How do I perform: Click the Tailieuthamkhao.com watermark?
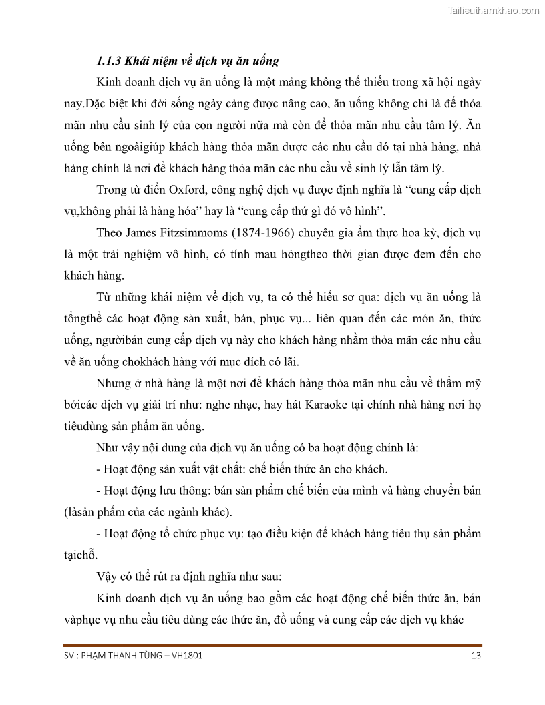coord(494,10)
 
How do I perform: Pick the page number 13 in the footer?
coord(476,656)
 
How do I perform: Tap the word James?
coord(141,233)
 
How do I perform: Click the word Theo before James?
coord(109,233)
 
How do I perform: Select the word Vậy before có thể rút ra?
coord(109,576)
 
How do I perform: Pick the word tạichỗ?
coord(80,555)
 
